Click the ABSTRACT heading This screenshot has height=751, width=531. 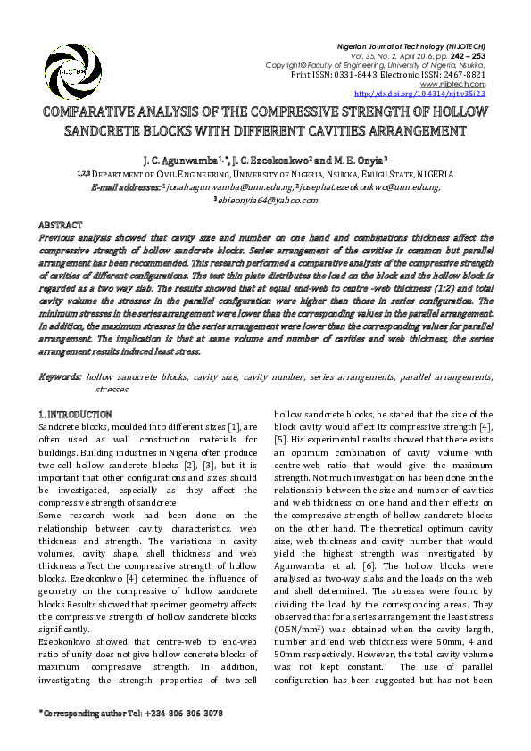61,226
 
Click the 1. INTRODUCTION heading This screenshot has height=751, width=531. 76,415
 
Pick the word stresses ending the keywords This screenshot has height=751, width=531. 112,390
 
